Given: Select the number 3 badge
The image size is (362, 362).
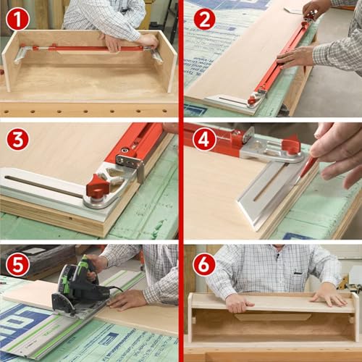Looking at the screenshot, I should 18,139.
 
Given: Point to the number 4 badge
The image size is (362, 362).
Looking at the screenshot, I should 203,139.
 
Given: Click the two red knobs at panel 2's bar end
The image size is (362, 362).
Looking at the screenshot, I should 256,97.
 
